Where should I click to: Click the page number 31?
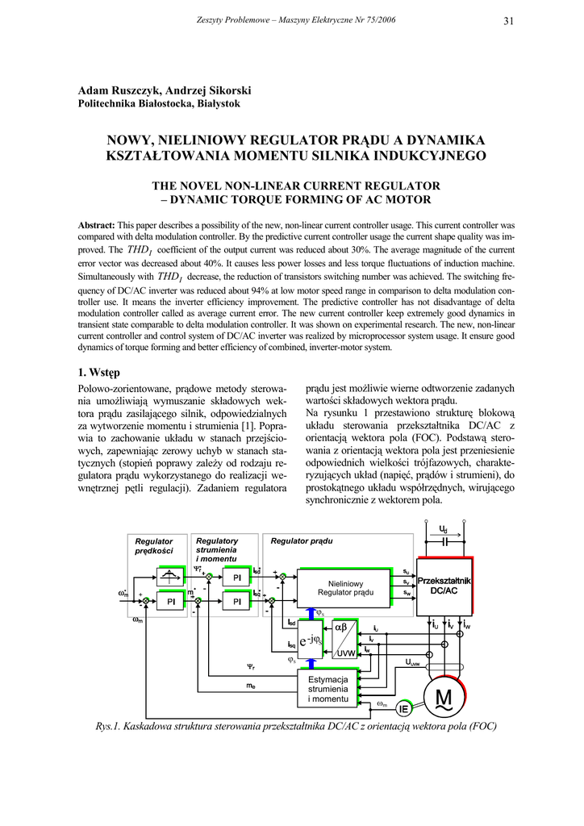pyautogui.click(x=508, y=21)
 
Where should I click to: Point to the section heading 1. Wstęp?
pyautogui.click(x=99, y=373)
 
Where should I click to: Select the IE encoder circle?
pyautogui.click(x=404, y=707)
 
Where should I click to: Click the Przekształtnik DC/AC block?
pyautogui.click(x=444, y=586)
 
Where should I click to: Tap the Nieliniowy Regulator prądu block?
pyautogui.click(x=345, y=588)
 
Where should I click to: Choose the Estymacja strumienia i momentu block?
pyautogui.click(x=327, y=689)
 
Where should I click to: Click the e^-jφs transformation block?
pyautogui.click(x=309, y=640)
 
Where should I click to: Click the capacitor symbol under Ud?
pyautogui.click(x=444, y=543)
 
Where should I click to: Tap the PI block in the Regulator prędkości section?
pyautogui.click(x=171, y=602)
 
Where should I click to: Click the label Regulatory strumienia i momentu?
pyautogui.click(x=217, y=549)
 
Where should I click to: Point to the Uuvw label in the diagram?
pyautogui.click(x=411, y=662)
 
